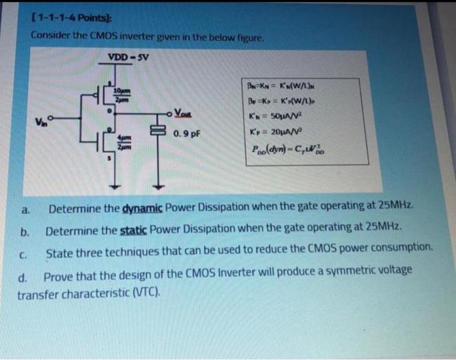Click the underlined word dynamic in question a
tap(141, 209)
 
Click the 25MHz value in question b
tap(383, 229)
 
